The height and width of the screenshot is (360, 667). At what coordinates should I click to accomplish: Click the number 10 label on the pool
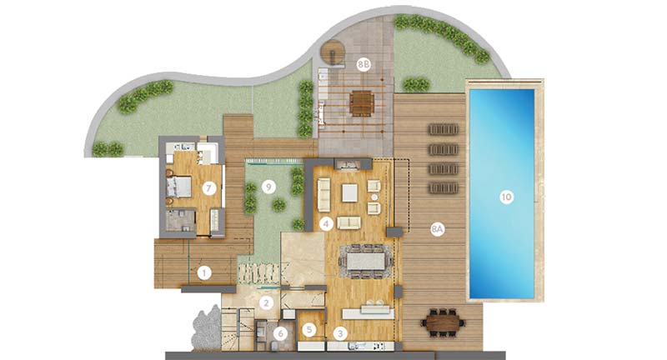point(506,197)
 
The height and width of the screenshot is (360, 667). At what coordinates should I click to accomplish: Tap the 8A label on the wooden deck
point(437,229)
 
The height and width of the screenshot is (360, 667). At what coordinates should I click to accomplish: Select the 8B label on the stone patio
point(364,65)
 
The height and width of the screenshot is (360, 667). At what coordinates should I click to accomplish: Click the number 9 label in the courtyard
point(268,187)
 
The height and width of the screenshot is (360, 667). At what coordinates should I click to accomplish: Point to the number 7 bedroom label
point(209,187)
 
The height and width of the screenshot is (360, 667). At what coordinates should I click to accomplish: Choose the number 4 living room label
point(326,223)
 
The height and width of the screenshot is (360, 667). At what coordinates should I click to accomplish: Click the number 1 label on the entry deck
point(204,272)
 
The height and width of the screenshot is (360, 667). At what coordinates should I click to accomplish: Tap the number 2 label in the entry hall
point(267,302)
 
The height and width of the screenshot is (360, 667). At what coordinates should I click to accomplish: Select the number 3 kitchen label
point(340,333)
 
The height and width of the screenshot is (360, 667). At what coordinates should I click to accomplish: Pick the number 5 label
point(309,329)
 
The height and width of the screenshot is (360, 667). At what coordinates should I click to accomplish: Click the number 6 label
point(280,334)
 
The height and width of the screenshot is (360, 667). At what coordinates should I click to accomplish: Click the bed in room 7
point(179,187)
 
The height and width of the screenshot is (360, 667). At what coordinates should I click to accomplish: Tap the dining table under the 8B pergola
point(362,103)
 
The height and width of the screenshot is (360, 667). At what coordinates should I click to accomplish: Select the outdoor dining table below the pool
point(443,322)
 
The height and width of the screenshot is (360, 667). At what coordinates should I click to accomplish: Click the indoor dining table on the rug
point(365,261)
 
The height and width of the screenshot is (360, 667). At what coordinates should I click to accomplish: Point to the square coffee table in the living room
point(349,193)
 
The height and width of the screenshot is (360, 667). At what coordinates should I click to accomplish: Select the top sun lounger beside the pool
point(444,129)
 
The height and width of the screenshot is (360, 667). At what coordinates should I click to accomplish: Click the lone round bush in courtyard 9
point(278,205)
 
